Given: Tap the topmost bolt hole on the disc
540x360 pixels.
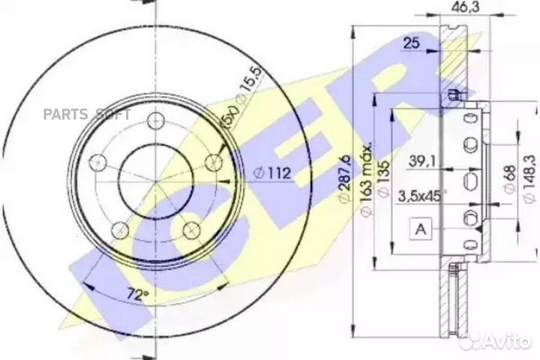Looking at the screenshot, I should click(x=156, y=120).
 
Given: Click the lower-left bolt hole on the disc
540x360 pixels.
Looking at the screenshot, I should click(x=118, y=231).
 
